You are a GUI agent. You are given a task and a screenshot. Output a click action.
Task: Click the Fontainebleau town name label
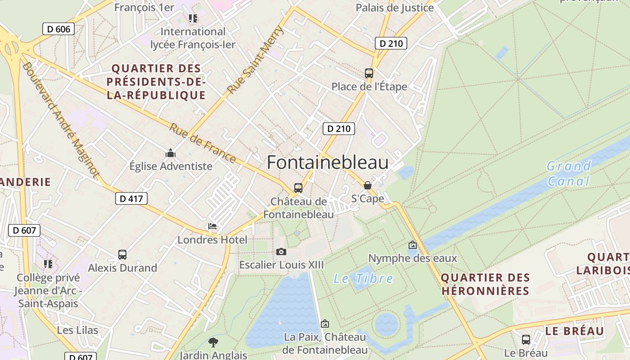[328, 162]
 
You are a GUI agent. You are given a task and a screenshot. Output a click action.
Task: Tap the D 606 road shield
[58, 29]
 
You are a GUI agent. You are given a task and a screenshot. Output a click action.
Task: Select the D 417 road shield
[131, 198]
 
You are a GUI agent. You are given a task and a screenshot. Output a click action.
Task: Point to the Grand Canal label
[568, 174]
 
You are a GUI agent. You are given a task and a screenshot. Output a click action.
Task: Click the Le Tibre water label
[363, 279]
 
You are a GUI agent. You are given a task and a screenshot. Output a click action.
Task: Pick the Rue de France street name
[202, 143]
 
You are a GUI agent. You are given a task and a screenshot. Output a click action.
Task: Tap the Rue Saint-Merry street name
[256, 60]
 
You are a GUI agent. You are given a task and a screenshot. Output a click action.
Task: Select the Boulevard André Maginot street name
[60, 120]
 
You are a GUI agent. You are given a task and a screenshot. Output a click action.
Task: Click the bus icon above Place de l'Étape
[369, 73]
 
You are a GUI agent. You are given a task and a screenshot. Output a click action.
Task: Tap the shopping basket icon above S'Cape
[368, 185]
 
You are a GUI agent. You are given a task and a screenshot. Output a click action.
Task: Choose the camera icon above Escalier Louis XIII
[281, 251]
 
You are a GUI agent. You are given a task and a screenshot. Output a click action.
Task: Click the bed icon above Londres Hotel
[212, 226]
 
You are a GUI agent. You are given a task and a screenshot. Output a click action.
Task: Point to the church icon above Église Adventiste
[171, 153]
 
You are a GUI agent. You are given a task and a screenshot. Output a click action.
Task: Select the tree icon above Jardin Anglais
[213, 342]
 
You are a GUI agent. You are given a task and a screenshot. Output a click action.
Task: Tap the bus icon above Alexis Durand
[122, 255]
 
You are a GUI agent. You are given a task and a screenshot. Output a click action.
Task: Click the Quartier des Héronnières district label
[485, 284]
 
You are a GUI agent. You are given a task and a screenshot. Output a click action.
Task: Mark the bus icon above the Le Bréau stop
[526, 340]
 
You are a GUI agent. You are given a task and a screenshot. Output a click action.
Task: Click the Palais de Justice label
[395, 8]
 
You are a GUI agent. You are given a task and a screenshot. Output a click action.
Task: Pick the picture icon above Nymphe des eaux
[412, 245]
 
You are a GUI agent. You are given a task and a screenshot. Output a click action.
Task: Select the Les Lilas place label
[77, 330]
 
